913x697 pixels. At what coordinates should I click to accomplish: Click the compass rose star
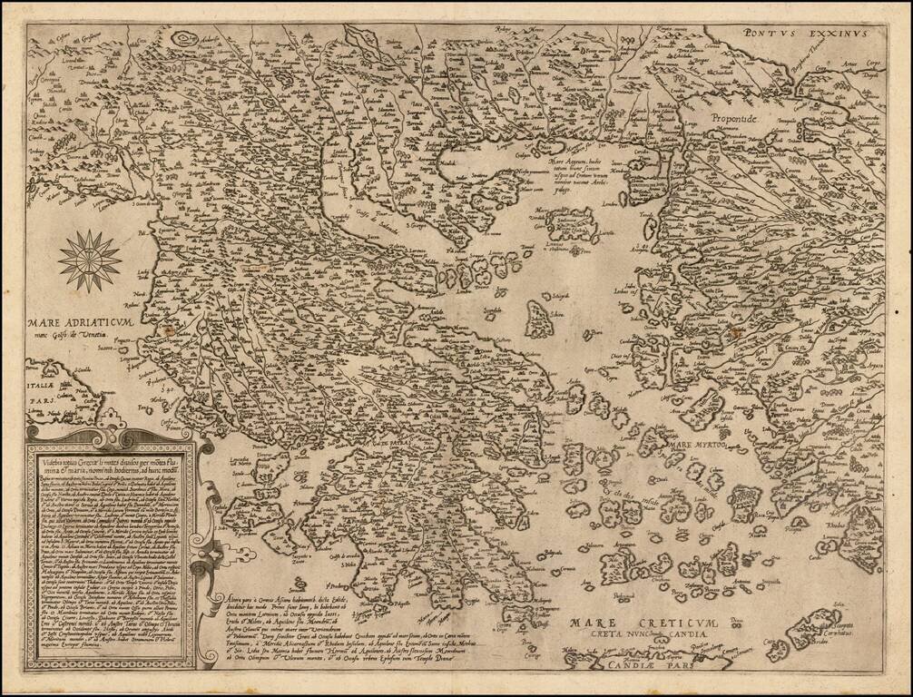coord(89,260)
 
